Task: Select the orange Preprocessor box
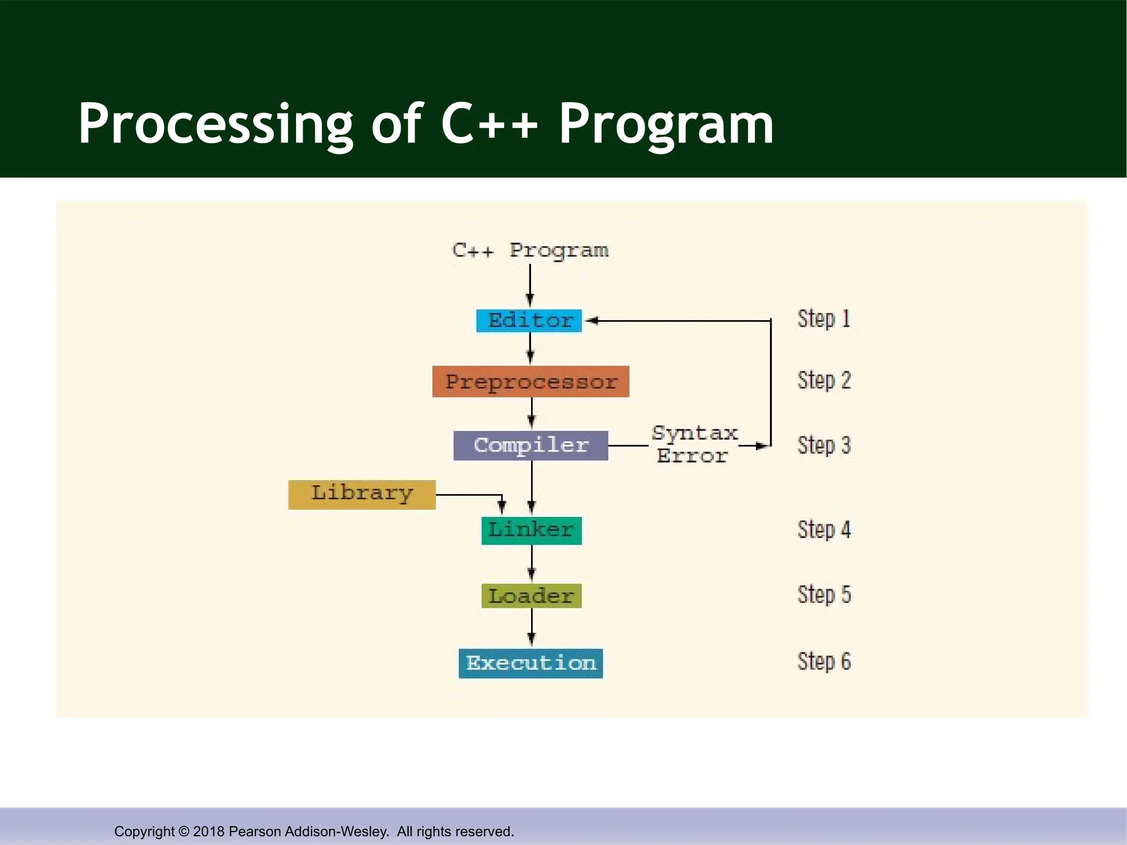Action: (x=530, y=381)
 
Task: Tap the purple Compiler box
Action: (x=530, y=445)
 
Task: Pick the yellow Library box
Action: (x=362, y=494)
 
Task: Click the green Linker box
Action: (x=531, y=530)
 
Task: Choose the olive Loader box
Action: (x=531, y=596)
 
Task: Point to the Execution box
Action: (x=530, y=663)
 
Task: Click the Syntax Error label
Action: (x=693, y=445)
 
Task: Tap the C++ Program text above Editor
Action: (x=530, y=250)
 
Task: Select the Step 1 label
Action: (x=824, y=319)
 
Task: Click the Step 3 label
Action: (x=824, y=445)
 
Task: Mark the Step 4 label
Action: (x=824, y=530)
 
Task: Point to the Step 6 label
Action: (x=824, y=661)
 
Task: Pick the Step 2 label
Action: (x=824, y=380)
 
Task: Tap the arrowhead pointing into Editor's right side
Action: (x=592, y=320)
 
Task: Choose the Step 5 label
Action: (x=824, y=595)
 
